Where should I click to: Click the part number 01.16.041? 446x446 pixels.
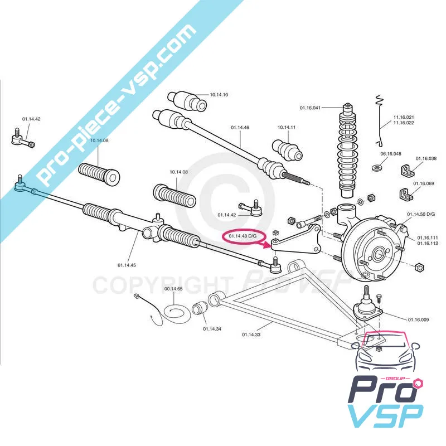click(x=310, y=107)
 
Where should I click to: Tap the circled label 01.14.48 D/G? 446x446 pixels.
click(x=243, y=236)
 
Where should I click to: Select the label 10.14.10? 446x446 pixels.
click(x=219, y=95)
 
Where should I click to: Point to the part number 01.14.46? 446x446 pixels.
click(x=240, y=128)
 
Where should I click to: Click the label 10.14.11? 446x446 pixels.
click(x=287, y=128)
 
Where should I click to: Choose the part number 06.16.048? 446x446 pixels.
click(x=391, y=153)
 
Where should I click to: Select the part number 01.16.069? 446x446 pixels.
click(x=423, y=183)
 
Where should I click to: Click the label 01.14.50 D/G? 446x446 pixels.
click(x=421, y=214)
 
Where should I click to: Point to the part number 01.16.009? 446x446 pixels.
click(x=418, y=319)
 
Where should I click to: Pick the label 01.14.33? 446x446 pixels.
click(x=251, y=334)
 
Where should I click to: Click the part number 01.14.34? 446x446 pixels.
click(x=212, y=329)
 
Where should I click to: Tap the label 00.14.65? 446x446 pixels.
click(x=173, y=288)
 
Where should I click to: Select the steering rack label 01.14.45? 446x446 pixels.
click(x=128, y=265)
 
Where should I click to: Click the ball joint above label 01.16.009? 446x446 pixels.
click(x=366, y=304)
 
